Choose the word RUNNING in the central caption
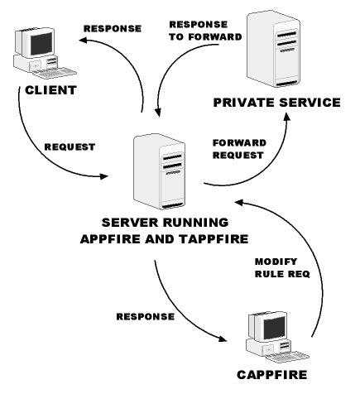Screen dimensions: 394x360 (196, 224)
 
